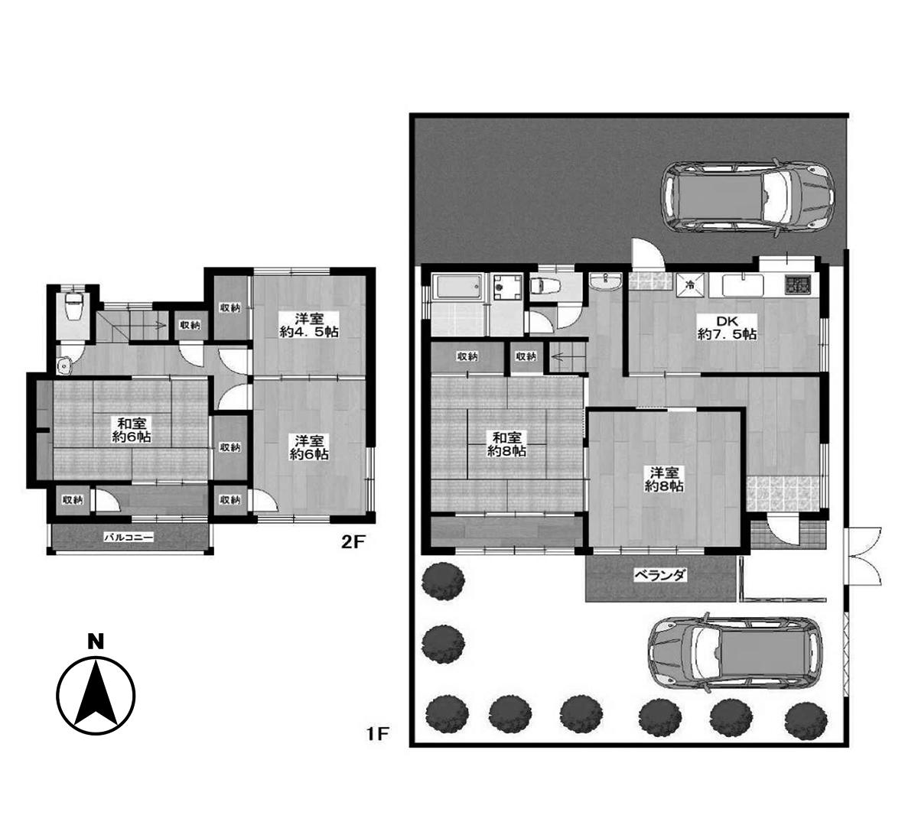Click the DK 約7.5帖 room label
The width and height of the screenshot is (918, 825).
tap(727, 327)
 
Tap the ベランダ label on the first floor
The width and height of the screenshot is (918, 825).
tap(660, 575)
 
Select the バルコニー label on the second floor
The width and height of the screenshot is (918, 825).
tap(129, 537)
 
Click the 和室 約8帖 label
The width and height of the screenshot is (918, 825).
tap(506, 444)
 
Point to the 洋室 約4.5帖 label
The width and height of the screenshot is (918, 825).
tap(309, 325)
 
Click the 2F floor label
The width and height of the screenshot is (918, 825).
tap(353, 542)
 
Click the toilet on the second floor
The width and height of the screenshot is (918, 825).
tap(73, 307)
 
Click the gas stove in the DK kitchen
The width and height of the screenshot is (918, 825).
tap(798, 284)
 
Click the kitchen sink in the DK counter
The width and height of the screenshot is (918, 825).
tap(743, 285)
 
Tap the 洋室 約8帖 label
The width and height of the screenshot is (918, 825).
tap(664, 479)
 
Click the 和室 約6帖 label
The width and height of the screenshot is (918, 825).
tap(132, 429)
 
